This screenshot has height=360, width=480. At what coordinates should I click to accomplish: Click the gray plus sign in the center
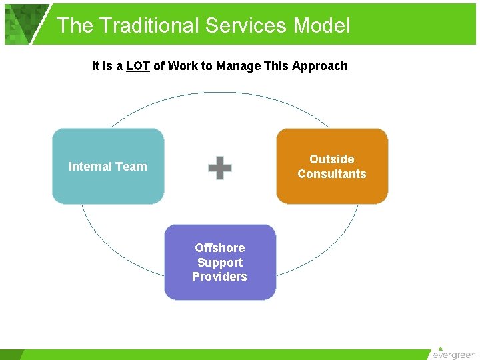tap(220, 168)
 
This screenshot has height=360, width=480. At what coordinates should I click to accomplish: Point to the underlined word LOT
tap(137, 66)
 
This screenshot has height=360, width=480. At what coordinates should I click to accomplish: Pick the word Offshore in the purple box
tap(220, 248)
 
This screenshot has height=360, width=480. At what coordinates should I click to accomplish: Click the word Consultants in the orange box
tap(332, 174)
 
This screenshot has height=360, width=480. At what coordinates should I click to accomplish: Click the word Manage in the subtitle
tap(241, 66)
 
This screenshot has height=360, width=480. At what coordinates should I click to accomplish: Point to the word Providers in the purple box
tap(219, 277)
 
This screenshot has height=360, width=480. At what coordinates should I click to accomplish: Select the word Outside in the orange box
tap(332, 159)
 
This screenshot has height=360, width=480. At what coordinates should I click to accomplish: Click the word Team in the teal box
tap(133, 167)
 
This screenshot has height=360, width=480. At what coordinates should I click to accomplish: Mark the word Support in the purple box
tap(220, 263)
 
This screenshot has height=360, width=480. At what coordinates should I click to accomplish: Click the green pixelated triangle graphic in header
tap(23, 23)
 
